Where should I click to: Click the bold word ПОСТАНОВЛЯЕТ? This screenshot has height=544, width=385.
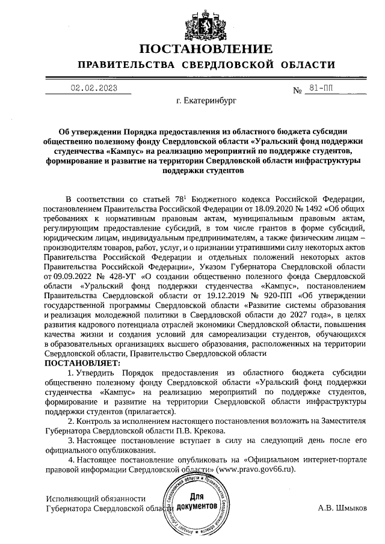82,362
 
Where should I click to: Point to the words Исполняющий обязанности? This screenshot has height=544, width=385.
96,498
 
